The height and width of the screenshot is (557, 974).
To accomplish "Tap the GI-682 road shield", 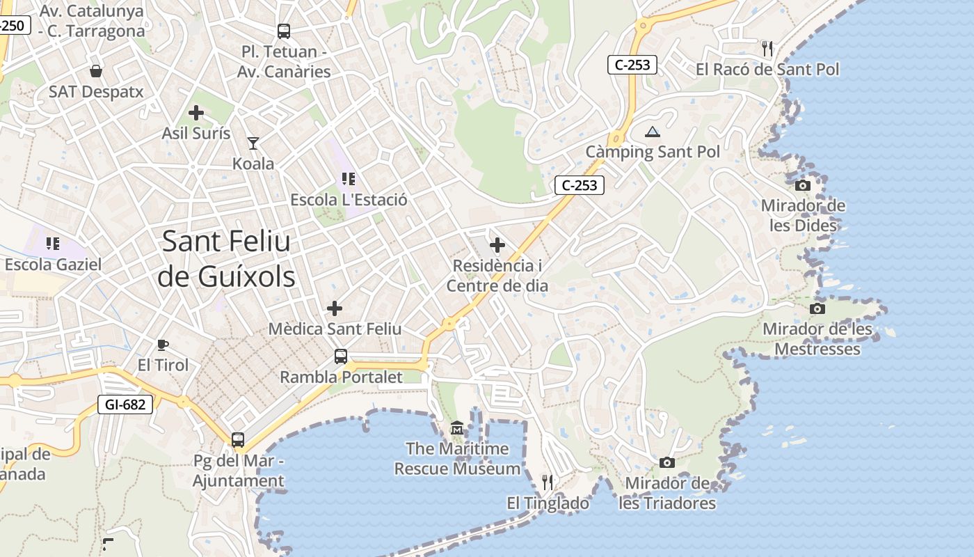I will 125,404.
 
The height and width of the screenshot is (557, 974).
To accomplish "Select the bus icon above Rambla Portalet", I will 341,356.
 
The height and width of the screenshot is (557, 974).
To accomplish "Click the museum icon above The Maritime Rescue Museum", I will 457,427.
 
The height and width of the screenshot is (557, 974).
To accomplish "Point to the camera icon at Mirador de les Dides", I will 803,185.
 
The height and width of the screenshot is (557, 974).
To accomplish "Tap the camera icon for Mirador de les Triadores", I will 666,462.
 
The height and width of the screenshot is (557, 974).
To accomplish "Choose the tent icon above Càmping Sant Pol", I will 652,132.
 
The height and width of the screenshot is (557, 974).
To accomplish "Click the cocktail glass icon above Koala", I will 253,143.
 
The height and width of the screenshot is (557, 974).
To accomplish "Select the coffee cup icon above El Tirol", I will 163,344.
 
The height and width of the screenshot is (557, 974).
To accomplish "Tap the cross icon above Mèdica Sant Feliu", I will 335,308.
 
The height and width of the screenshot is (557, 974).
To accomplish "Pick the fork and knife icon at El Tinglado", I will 548,482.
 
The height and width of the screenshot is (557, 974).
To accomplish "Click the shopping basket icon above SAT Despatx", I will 96,71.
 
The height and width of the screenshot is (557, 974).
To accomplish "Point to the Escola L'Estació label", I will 349,200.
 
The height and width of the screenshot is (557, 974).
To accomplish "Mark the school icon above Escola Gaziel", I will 53,243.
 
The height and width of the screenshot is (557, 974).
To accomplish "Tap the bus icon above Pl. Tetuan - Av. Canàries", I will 283,31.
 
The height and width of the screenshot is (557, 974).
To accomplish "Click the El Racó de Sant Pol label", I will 767,70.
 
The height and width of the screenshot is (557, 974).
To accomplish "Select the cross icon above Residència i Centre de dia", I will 497,245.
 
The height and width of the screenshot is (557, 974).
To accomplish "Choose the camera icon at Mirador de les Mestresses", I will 817,308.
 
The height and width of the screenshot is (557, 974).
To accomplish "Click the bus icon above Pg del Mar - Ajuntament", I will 238,440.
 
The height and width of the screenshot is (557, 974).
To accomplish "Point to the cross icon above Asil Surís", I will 196,112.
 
